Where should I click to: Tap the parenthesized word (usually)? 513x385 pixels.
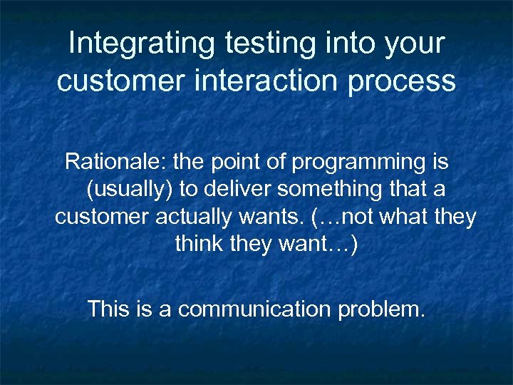pyautogui.click(x=123, y=190)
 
